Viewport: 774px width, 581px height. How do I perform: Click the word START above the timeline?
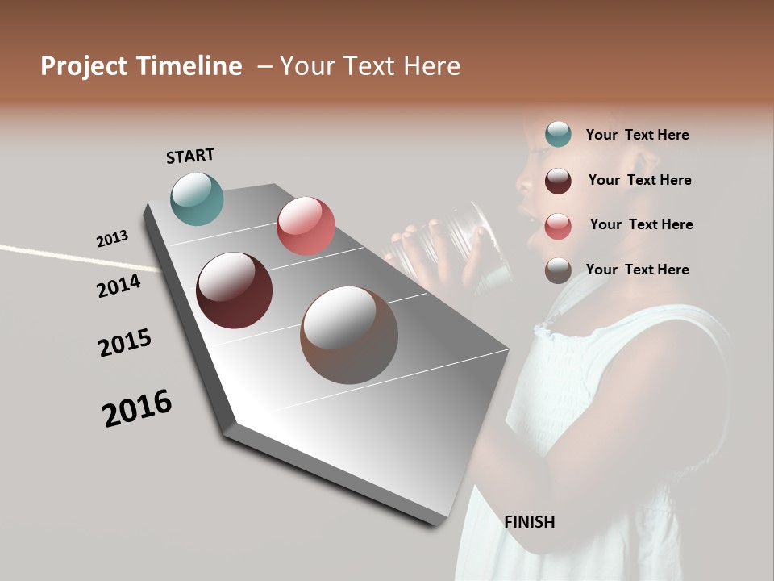(190, 156)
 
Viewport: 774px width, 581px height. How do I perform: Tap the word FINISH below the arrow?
(530, 522)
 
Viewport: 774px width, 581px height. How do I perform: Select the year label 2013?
(112, 239)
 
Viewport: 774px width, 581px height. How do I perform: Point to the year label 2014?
(119, 286)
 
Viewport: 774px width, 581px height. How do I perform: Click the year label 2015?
(125, 342)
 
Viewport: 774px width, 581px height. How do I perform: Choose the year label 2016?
(137, 408)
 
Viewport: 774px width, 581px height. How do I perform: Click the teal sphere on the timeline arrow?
(197, 199)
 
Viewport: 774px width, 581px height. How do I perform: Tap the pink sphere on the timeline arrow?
(306, 225)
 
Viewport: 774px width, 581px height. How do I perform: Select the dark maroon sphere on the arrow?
(235, 290)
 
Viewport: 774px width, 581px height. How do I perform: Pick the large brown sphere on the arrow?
(349, 335)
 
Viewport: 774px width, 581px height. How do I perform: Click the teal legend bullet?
(558, 134)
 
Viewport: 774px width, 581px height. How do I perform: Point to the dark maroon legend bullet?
(558, 180)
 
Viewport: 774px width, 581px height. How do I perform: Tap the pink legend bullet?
(558, 225)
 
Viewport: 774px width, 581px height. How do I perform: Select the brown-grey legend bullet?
(558, 270)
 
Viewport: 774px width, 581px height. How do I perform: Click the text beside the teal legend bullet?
(637, 135)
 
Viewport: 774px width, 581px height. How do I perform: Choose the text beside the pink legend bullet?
(641, 224)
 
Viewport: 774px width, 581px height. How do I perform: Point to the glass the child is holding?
(468, 246)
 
